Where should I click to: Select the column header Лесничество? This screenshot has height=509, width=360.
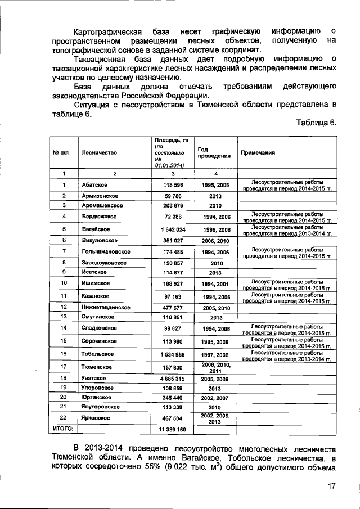click(x=98, y=152)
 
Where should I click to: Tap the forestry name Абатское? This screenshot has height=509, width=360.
click(x=94, y=185)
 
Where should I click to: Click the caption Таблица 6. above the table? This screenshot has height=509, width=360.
click(x=316, y=123)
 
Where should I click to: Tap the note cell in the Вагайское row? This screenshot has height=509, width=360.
click(x=286, y=229)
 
